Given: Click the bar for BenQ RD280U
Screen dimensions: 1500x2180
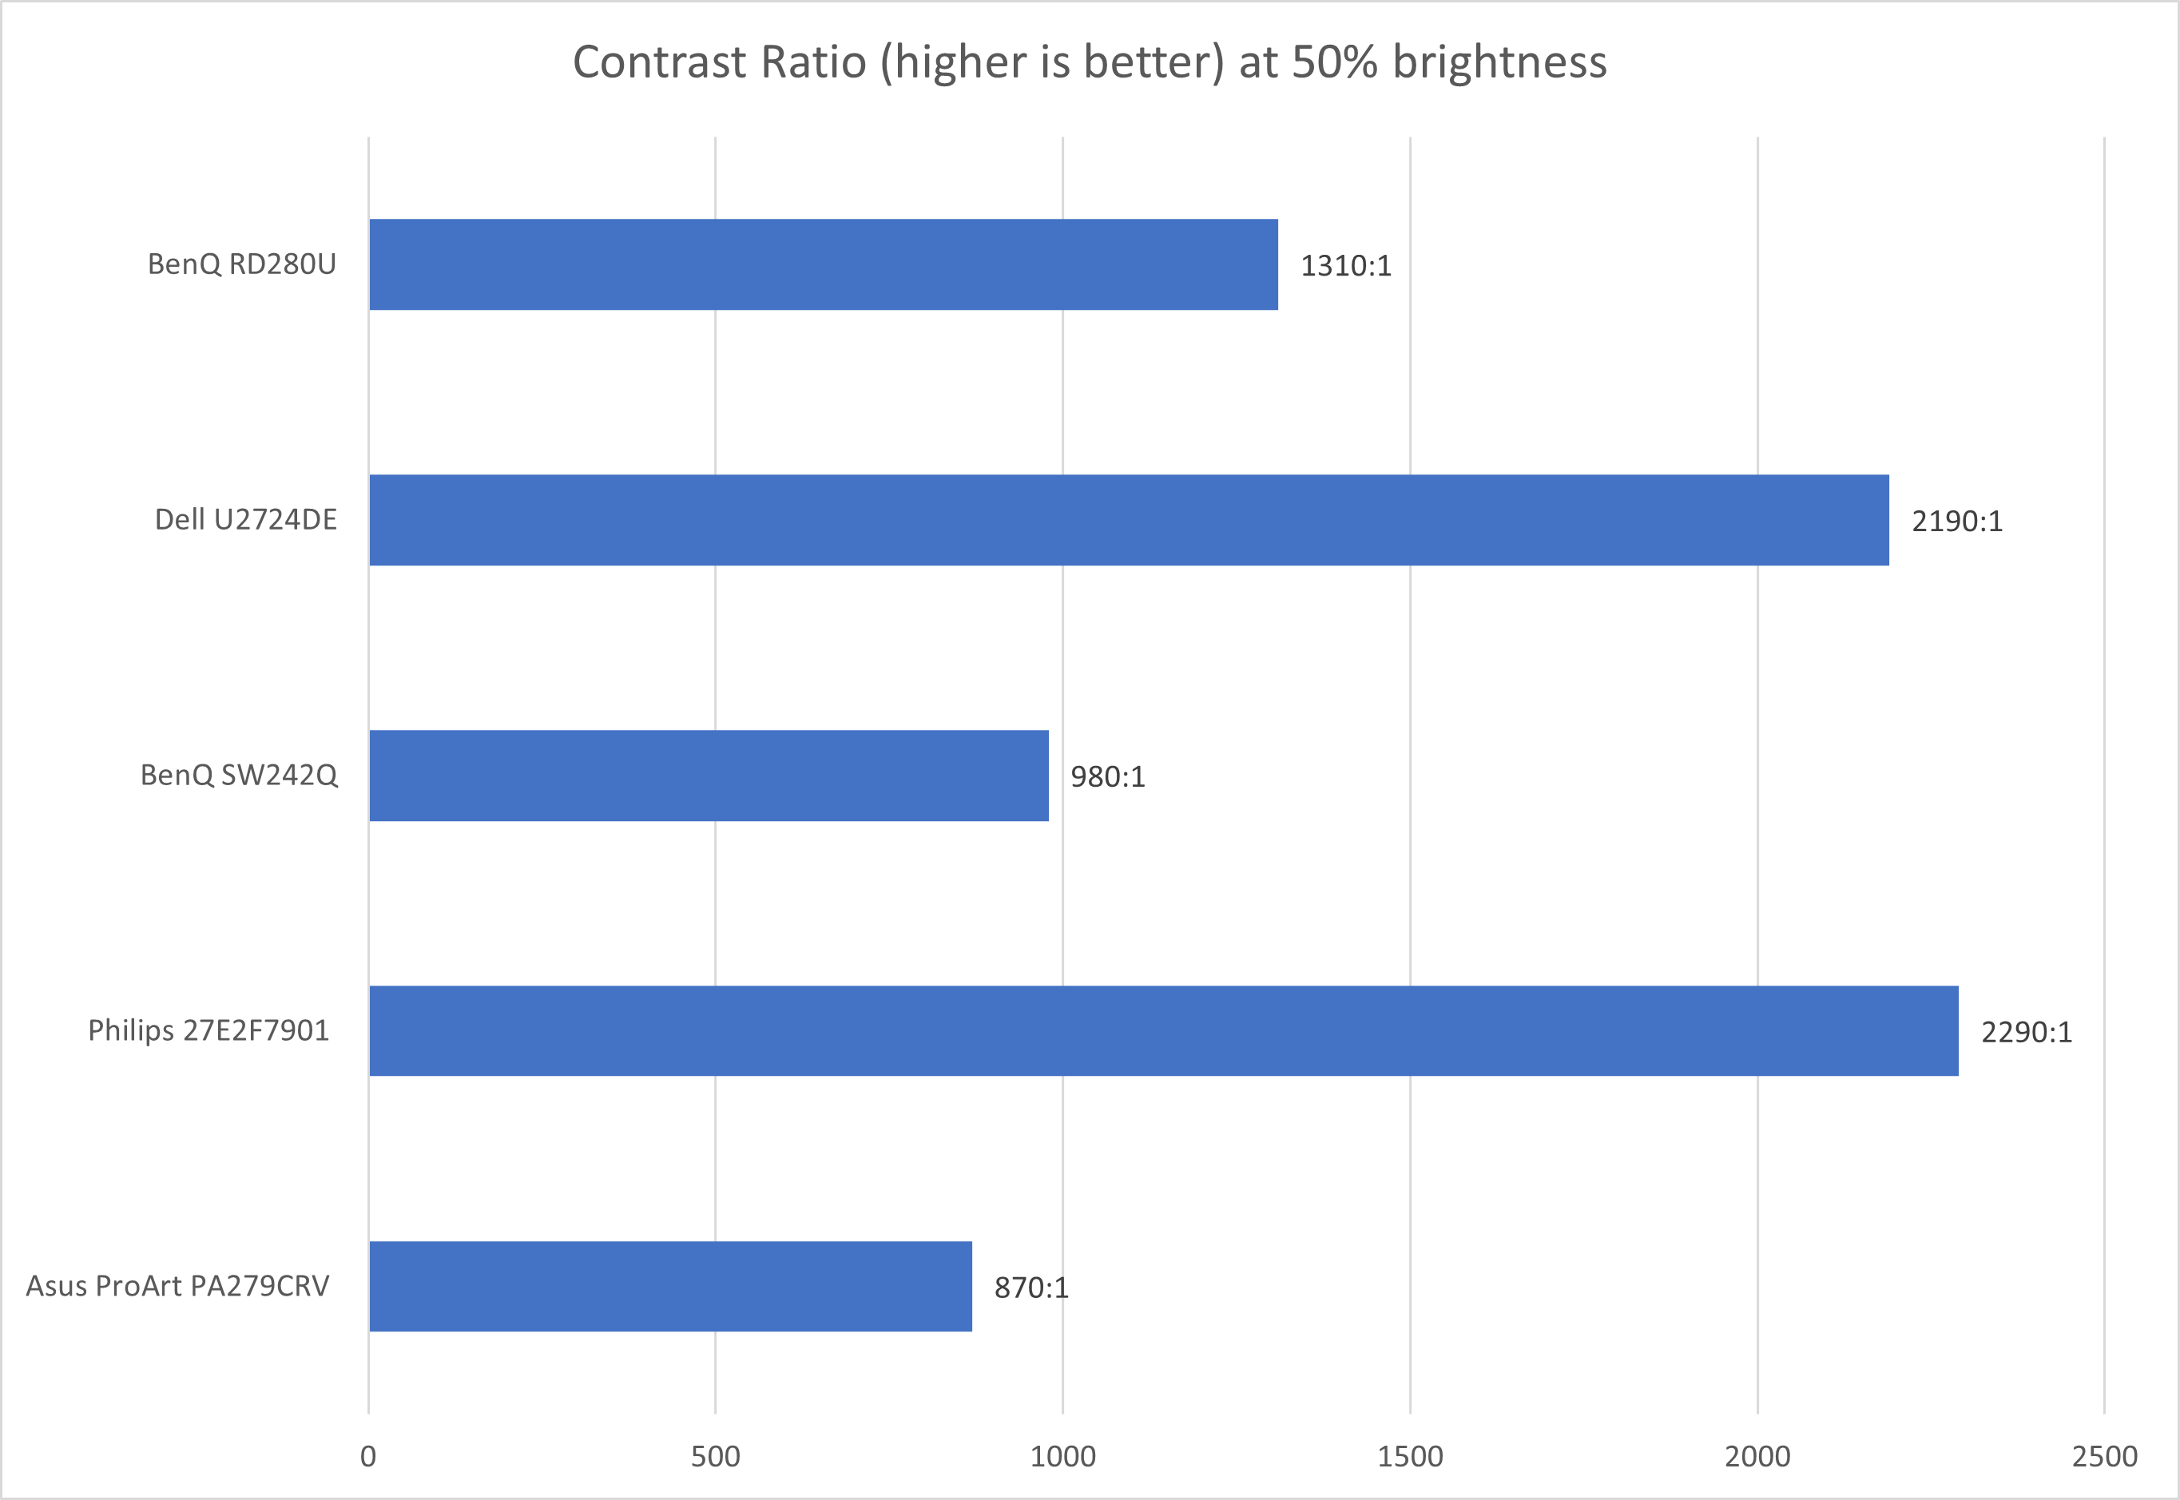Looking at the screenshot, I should pos(823,264).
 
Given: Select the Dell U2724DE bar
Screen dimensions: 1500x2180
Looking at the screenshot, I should pos(1128,520).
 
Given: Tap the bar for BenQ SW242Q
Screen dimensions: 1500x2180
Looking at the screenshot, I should pos(708,776).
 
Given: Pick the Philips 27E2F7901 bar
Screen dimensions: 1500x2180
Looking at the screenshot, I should pos(1163,1031).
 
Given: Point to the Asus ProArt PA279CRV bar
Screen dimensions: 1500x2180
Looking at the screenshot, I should pos(670,1286).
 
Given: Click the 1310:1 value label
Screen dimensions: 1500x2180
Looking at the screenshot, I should pos(1345,266).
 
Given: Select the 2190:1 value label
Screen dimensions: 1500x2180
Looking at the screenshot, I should pos(1957,522).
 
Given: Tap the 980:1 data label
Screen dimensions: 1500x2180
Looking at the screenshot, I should pos(1107,777).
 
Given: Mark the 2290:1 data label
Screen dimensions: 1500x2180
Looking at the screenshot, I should pos(2027,1033).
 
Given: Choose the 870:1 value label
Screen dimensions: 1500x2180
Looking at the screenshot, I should pos(1031,1288).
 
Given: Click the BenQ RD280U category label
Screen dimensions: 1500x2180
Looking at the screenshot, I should pos(241,264).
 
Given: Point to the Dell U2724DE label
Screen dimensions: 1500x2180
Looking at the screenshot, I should pos(245,520).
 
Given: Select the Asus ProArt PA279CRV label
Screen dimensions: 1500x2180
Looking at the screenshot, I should pos(177,1286).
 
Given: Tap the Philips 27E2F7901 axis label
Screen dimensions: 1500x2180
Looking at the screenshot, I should pos(208,1031).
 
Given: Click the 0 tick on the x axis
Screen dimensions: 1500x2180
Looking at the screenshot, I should pos(367,1457).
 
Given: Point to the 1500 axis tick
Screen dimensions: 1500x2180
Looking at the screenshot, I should pos(1410,1457).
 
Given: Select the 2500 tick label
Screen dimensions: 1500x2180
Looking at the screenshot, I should pos(2105,1457).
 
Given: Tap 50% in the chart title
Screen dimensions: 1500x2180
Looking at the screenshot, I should pos(1335,63).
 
